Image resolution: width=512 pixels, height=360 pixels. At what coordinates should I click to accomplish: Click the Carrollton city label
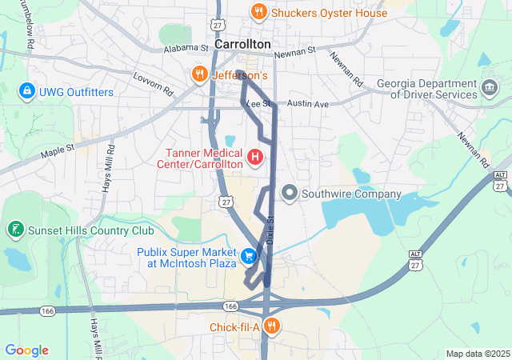click(242, 45)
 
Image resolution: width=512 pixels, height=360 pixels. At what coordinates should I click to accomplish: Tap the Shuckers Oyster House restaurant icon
click(258, 12)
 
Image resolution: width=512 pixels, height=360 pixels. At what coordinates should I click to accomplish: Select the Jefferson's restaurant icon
click(200, 75)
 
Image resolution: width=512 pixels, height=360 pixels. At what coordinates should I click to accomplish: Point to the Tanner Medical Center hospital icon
click(255, 156)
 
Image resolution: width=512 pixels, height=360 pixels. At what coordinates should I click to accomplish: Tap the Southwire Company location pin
click(289, 194)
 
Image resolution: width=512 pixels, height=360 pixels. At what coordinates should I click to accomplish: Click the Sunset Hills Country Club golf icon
click(14, 230)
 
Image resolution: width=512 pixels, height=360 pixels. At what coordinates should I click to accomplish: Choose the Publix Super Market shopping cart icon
click(250, 256)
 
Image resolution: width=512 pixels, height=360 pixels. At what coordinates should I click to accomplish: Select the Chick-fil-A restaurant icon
click(272, 326)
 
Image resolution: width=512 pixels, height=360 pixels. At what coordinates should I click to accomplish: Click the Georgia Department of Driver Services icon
click(489, 86)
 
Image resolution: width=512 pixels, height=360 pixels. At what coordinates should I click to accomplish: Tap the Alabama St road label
click(186, 48)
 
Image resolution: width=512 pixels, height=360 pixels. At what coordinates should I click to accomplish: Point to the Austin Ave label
click(308, 105)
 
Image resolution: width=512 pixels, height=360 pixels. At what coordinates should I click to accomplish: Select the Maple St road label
click(58, 148)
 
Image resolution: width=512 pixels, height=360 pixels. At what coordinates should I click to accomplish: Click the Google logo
click(27, 350)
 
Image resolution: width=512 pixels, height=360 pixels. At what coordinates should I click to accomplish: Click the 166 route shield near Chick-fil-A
click(231, 306)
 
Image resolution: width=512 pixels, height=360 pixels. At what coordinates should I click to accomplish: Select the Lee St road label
click(258, 104)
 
